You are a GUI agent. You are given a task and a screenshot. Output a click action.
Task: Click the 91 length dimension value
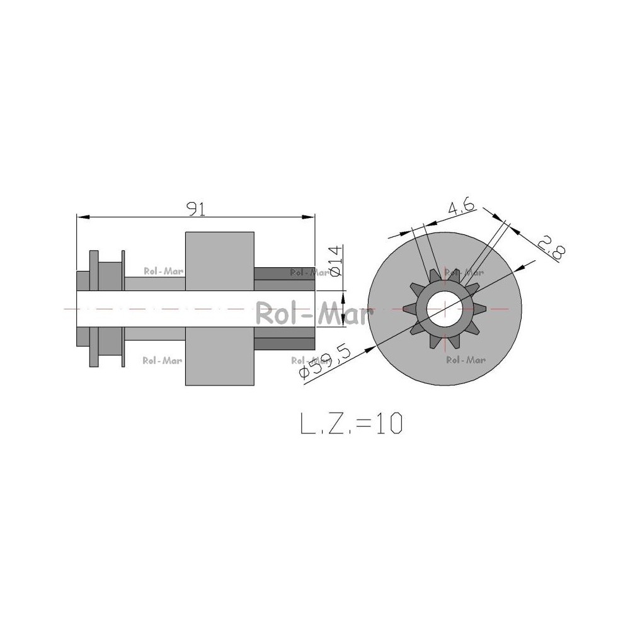(197, 209)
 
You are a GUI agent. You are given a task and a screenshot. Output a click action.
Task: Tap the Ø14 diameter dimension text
(336, 261)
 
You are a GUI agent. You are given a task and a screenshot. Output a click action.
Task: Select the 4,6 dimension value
(461, 207)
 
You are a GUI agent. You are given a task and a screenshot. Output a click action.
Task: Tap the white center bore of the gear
(445, 309)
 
